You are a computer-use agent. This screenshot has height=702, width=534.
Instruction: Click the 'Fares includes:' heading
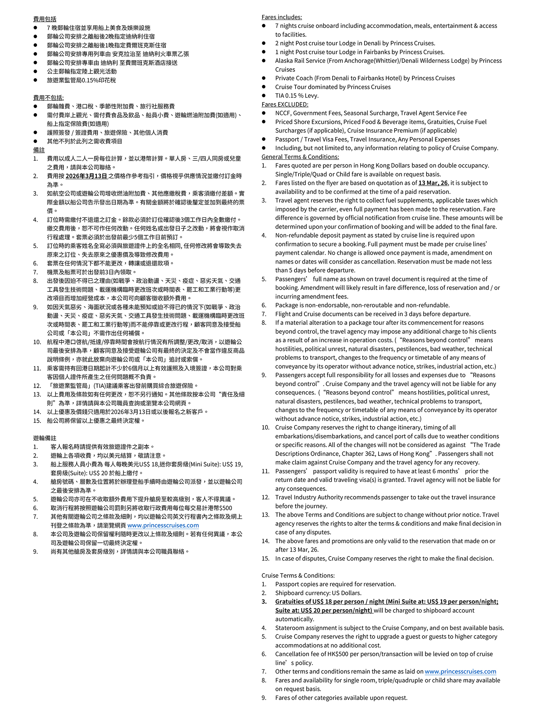coord(281,17)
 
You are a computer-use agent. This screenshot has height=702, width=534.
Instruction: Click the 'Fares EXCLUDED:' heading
coord(284,104)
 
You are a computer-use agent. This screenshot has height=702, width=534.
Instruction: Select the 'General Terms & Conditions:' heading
coord(300,157)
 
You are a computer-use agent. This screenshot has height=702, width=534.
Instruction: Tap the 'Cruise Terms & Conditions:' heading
coord(298,575)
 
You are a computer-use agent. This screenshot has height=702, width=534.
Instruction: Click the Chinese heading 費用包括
coord(45,19)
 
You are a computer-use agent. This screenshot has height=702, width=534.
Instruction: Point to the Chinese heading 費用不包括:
coord(48,98)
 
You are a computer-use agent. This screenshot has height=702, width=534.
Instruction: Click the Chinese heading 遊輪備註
coord(45,438)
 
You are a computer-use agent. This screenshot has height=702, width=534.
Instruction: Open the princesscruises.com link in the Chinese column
coord(163,525)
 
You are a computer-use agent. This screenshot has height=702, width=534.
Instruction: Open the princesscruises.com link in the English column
coord(460,671)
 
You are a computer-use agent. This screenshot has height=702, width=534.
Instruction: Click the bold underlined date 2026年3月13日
coord(86,176)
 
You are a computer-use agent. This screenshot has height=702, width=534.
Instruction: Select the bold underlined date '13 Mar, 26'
coord(433,183)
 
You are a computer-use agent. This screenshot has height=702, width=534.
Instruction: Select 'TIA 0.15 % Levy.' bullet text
coord(297,95)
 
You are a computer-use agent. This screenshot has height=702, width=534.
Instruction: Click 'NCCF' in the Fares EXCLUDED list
coord(283,113)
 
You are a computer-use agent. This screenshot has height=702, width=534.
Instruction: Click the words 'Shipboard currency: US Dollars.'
coord(318,593)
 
